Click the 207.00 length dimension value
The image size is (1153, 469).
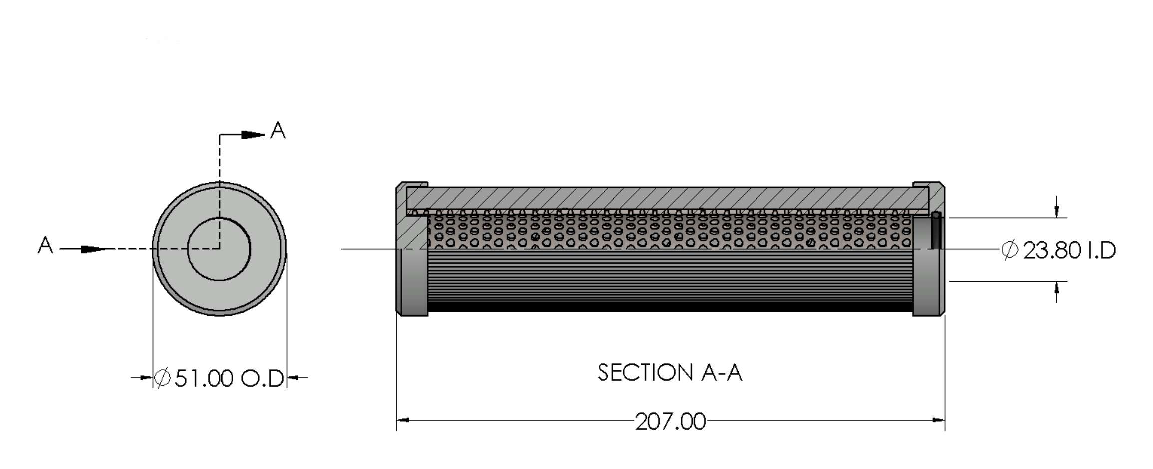[x=670, y=422]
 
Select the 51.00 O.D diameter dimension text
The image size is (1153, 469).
[x=219, y=378]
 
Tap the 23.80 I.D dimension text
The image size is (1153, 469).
[x=1059, y=250]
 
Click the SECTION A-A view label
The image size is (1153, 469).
[x=670, y=373]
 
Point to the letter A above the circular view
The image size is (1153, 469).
[x=278, y=131]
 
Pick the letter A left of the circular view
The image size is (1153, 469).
[x=45, y=246]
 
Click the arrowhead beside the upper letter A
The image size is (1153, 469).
[x=253, y=135]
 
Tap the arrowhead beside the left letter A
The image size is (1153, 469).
[x=94, y=249]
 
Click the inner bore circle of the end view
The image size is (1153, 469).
[x=219, y=249]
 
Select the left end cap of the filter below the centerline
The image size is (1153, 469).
[x=412, y=282]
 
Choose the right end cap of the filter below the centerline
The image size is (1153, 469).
[x=928, y=282]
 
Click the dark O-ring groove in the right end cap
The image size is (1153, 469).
[x=936, y=231]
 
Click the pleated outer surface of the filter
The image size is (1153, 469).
[x=670, y=281]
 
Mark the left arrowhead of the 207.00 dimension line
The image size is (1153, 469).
[x=403, y=420]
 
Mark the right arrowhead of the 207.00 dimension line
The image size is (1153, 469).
[x=938, y=420]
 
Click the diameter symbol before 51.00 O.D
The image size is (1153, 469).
[x=162, y=378]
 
